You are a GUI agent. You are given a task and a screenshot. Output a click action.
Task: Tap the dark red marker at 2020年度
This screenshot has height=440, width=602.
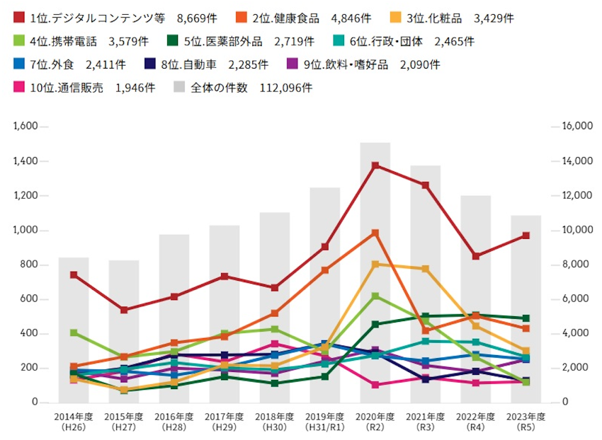coord(375,166)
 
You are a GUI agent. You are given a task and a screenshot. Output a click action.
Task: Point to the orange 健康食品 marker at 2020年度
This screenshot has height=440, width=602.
coord(375,233)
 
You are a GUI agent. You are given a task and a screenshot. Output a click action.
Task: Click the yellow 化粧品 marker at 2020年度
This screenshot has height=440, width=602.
coord(375,264)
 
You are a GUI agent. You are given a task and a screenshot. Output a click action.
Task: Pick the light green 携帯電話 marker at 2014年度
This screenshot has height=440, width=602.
coord(74,332)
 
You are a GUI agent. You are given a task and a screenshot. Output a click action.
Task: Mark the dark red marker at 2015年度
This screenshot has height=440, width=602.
coord(124,310)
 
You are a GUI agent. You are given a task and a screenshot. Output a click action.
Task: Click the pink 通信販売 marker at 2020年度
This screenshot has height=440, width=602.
coord(375,385)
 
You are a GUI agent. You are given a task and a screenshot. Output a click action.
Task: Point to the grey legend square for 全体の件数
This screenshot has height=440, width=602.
coord(179,88)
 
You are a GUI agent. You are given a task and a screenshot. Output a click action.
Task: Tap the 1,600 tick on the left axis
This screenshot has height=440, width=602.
coord(25,127)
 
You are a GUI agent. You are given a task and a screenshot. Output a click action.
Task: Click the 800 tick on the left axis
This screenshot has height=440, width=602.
coord(30,265)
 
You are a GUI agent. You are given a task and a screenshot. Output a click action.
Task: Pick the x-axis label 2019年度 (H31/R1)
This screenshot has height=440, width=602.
coord(324,421)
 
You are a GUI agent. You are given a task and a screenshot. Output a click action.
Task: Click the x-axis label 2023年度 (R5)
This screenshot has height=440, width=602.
coord(526,421)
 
